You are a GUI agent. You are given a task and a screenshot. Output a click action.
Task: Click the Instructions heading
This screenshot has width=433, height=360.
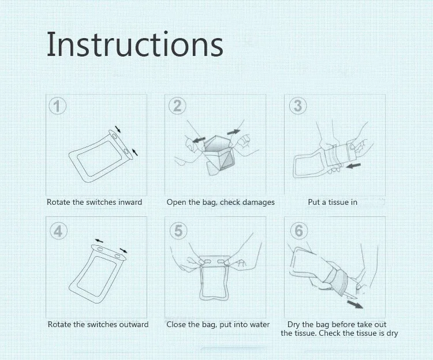point(135,44)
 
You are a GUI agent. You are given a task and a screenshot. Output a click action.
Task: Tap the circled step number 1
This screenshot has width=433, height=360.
point(57,106)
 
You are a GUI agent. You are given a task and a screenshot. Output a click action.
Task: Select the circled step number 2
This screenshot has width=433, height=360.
point(177,106)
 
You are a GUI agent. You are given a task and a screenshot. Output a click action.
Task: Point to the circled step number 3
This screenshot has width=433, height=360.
point(298,106)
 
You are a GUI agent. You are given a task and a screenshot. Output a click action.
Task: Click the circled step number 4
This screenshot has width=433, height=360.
point(58,231)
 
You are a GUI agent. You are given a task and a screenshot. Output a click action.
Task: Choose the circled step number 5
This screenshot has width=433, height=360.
point(178,231)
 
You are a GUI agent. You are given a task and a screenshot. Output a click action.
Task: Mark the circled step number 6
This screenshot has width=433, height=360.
point(299,231)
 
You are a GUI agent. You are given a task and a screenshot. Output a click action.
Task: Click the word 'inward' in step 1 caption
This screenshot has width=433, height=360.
point(130,202)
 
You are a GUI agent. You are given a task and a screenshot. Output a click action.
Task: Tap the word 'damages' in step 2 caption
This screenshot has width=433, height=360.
point(259,202)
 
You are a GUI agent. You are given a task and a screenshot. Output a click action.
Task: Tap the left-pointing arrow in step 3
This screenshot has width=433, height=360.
point(353,166)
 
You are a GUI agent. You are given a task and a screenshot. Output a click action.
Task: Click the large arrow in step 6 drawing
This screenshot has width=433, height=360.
point(355,305)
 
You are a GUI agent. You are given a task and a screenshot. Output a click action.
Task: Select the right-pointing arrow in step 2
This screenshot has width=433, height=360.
point(234,132)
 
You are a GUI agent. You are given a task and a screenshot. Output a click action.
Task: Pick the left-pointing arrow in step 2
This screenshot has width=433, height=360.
point(199,140)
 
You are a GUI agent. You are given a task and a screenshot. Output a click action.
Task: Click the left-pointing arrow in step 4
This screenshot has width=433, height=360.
point(99,241)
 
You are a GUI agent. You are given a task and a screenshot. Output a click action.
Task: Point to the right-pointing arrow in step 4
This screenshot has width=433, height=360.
point(124,250)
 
